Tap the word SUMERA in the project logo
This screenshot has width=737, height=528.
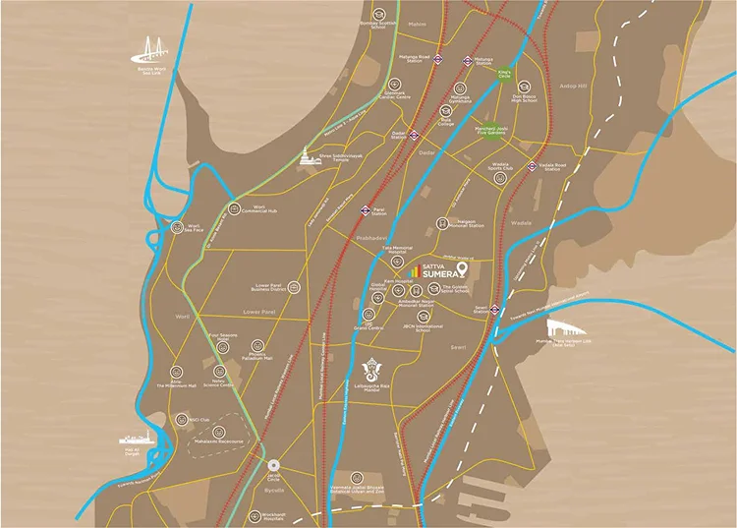(437, 276)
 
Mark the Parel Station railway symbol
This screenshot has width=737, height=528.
(366, 208)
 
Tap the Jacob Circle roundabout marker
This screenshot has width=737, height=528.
(273, 465)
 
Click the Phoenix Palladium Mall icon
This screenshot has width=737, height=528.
(257, 346)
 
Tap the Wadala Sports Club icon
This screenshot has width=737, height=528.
(496, 169)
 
